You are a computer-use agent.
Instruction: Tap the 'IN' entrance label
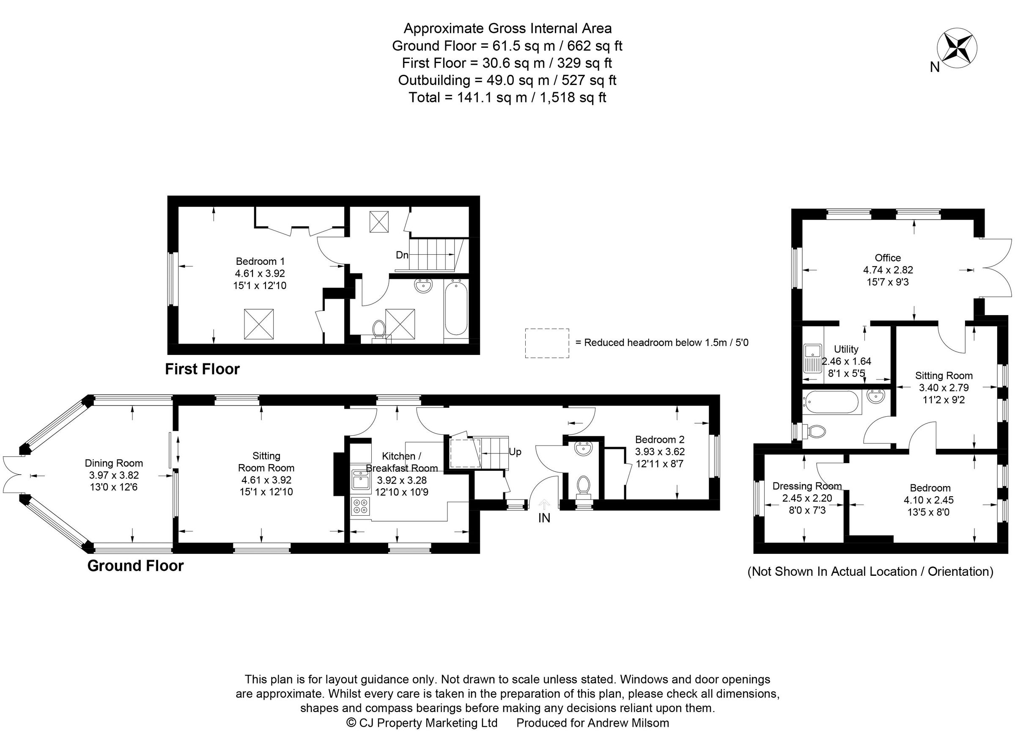click(x=544, y=518)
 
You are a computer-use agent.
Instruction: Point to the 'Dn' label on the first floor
click(x=402, y=255)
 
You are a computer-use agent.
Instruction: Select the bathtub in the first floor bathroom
click(x=456, y=308)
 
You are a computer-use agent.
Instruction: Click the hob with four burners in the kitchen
click(x=361, y=506)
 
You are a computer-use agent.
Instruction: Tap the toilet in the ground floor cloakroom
click(x=583, y=486)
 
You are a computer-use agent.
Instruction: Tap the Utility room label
click(x=846, y=349)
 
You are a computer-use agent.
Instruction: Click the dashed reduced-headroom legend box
click(x=547, y=343)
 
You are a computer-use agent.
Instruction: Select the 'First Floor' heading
click(x=202, y=369)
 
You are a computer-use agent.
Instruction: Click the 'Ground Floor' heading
click(x=136, y=566)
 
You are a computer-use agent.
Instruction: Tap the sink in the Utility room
click(x=812, y=358)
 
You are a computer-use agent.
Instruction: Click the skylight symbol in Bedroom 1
click(x=258, y=324)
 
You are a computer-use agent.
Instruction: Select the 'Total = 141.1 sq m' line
click(x=507, y=97)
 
